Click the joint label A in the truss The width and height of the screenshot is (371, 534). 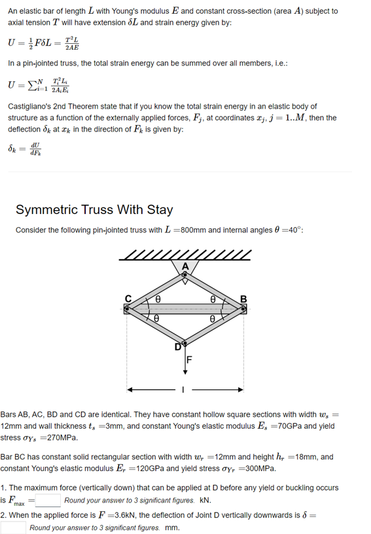pyautogui.click(x=185, y=266)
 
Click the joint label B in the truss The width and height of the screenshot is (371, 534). pyautogui.click(x=244, y=300)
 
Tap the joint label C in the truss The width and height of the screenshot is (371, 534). pyautogui.click(x=129, y=300)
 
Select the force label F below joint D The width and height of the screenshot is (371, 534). pyautogui.click(x=190, y=358)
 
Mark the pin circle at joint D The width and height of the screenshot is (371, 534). pyautogui.click(x=185, y=343)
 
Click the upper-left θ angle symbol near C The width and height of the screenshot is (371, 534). pyautogui.click(x=158, y=298)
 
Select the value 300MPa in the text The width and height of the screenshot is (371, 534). pyautogui.click(x=260, y=469)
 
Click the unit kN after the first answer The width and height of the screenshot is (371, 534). pyautogui.click(x=204, y=501)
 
